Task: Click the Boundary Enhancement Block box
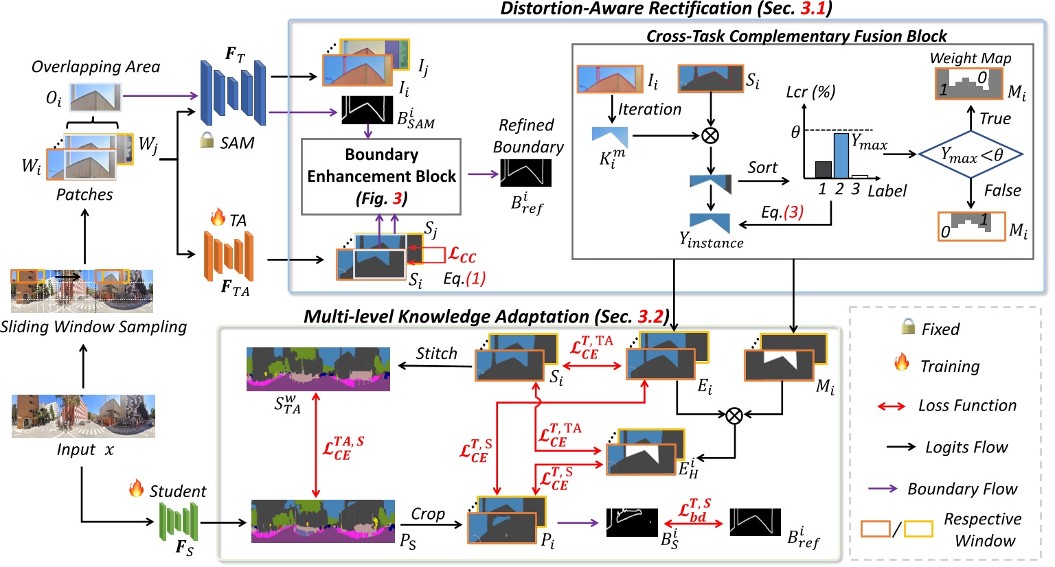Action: point(381,176)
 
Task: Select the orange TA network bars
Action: point(229,256)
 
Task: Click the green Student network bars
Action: point(179,522)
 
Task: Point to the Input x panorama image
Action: point(83,416)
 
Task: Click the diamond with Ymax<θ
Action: point(971,154)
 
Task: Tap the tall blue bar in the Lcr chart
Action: point(841,156)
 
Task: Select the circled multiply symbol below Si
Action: point(710,135)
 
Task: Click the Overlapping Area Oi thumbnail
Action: point(95,97)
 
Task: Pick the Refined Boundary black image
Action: point(525,173)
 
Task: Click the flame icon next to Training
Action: point(902,362)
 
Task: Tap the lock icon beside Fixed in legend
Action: point(908,327)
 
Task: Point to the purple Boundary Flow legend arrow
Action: point(883,489)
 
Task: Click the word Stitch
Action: point(436,354)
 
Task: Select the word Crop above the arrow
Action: point(428,514)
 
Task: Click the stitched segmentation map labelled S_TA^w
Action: point(318,369)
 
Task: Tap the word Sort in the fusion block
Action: point(762,167)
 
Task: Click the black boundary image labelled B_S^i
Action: point(632,522)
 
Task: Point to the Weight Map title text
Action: point(971,58)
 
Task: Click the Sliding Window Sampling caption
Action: point(93,327)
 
